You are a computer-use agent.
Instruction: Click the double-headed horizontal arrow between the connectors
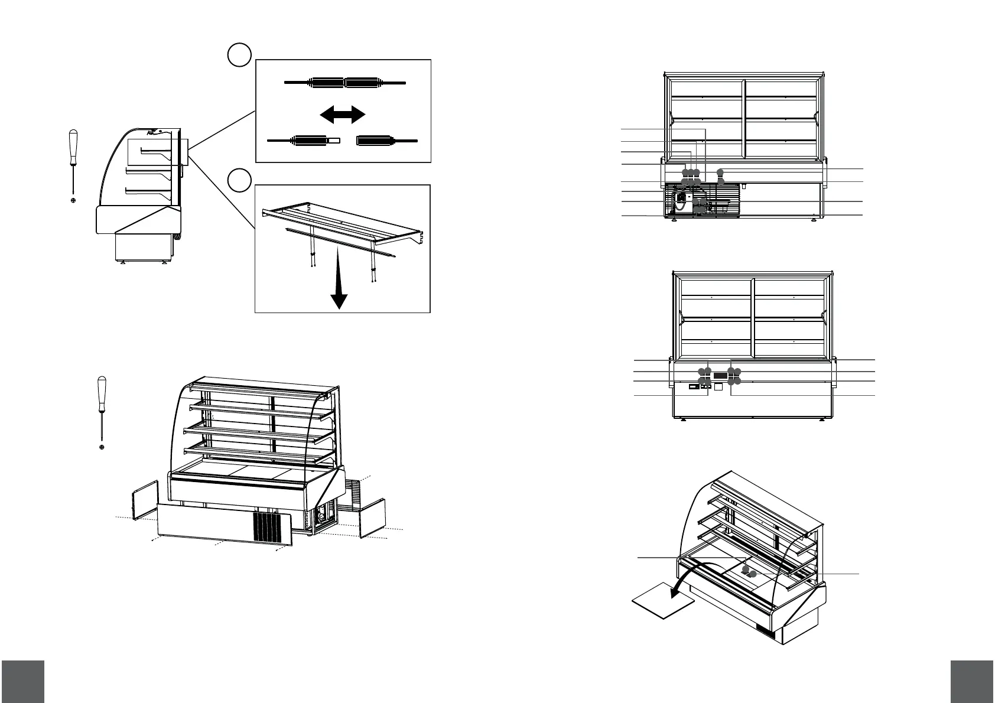point(343,115)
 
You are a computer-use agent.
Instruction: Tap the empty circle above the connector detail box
point(239,54)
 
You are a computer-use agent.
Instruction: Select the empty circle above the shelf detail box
point(239,180)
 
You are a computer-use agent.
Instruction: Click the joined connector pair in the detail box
point(345,83)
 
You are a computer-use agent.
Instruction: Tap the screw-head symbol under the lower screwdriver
point(102,447)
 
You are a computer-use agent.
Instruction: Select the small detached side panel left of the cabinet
point(145,500)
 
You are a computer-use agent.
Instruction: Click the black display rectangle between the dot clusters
point(720,376)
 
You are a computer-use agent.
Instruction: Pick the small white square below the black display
point(718,387)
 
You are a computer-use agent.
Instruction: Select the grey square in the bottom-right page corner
point(973,681)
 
